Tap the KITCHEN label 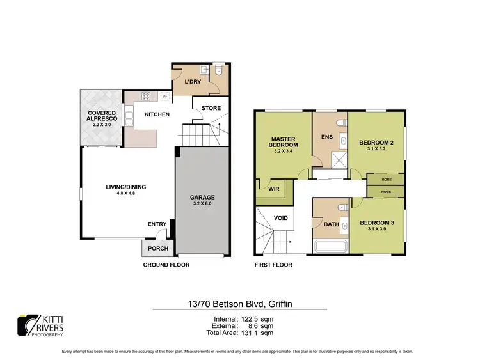point(157,114)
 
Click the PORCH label point(158,249)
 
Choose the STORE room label point(211,108)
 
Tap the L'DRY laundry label point(193,83)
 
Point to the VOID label point(280,218)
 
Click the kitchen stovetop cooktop point(145,97)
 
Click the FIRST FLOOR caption point(274,265)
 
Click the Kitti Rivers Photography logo point(40,324)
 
